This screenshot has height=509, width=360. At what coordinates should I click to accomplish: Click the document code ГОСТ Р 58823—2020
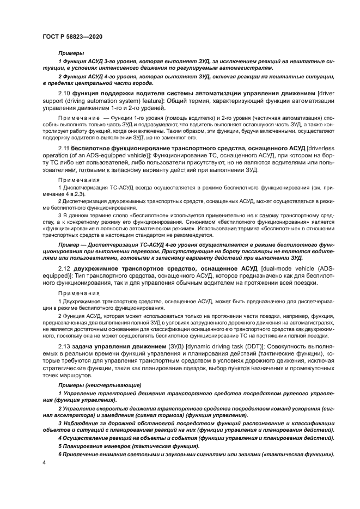click(72, 36)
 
